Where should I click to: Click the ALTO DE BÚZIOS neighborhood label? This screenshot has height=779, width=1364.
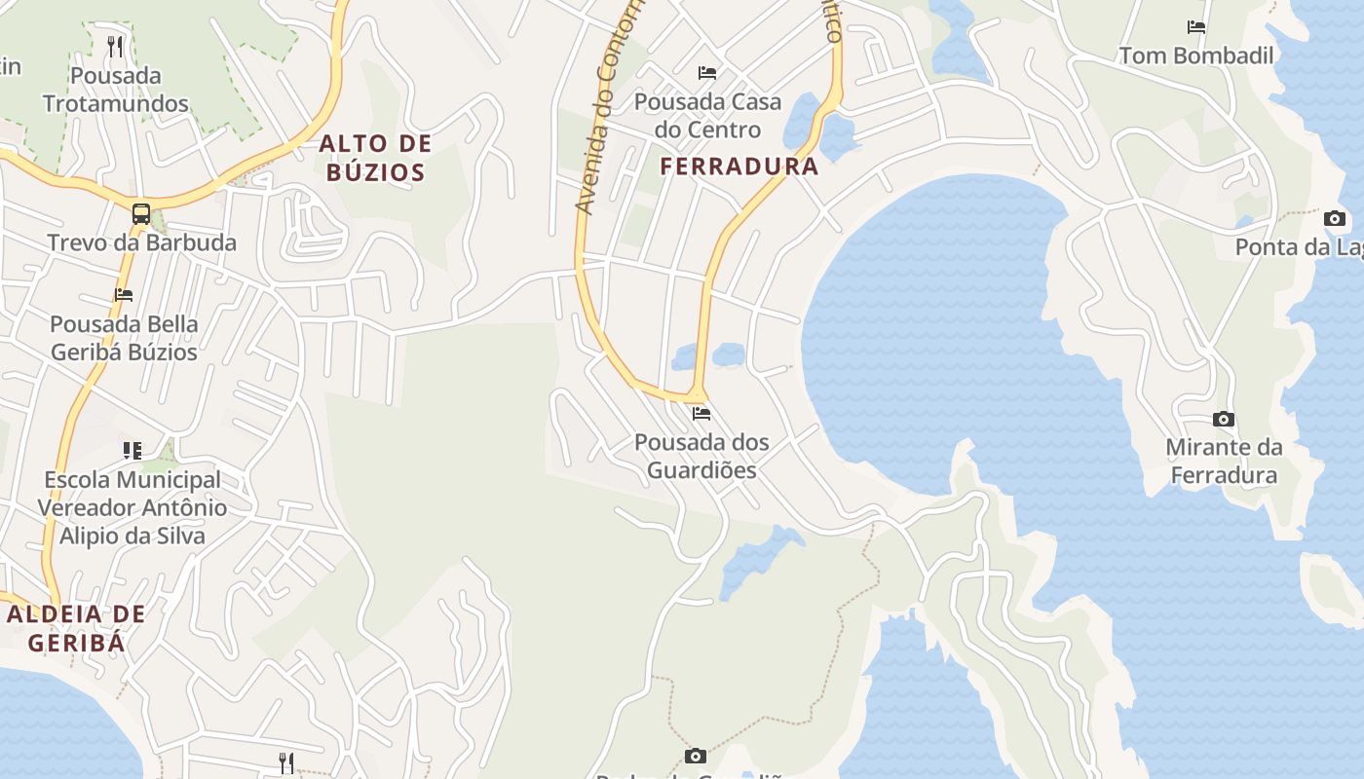coord(375,159)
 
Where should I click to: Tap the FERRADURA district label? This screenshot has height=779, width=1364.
coord(739,167)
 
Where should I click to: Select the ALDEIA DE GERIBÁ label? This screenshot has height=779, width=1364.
coord(76,628)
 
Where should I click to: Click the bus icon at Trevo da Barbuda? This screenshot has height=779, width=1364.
coord(141,214)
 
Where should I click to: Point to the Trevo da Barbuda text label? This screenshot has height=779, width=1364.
coord(142,242)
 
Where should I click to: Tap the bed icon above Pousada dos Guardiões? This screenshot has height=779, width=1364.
coord(701,414)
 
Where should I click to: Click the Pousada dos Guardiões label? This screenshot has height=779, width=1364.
coord(701,456)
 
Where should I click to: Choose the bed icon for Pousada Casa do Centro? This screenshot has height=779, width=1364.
coord(707,73)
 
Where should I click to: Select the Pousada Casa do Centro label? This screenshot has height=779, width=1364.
coord(707,115)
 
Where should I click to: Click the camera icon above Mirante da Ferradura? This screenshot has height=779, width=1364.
coord(1224,420)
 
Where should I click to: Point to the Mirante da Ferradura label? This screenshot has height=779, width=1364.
coord(1224,462)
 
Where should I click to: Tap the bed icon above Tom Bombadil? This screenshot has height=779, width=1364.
coord(1196,27)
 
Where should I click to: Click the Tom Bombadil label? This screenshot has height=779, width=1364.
coord(1196,56)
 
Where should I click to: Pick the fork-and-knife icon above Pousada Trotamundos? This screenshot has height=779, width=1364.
coord(115,46)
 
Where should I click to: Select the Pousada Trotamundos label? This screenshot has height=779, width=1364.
coord(115,90)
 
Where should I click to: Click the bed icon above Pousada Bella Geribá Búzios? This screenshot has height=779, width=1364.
coord(124,295)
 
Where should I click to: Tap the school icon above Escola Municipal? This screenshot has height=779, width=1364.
coord(133,450)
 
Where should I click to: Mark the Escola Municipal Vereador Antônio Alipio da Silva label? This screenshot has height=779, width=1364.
coord(133,507)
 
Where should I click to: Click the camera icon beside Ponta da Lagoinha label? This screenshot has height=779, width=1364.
coord(1335,219)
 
